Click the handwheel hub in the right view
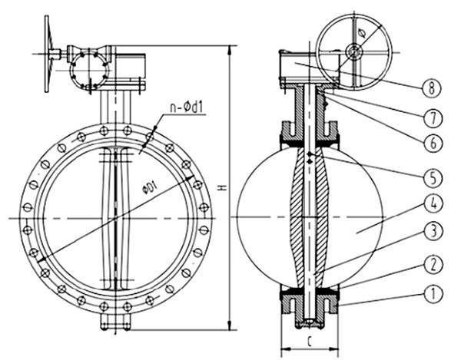click(354, 51)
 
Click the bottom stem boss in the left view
click(113, 322)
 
